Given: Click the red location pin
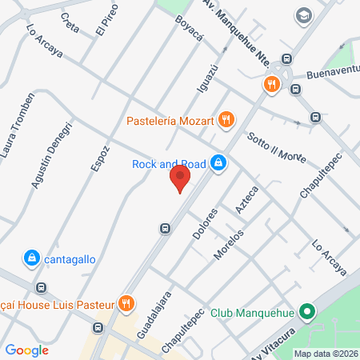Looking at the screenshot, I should click(x=181, y=179).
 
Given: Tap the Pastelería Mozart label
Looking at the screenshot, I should click(x=170, y=122).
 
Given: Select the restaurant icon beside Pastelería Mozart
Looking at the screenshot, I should click(x=227, y=120).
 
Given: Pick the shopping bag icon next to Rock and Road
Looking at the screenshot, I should click(x=218, y=164).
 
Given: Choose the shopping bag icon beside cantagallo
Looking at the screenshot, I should click(x=30, y=258).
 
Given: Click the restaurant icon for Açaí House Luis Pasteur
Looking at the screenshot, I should click(x=126, y=304).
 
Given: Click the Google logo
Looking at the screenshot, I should click(x=26, y=350).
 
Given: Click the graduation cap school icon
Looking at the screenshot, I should click(x=304, y=16).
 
